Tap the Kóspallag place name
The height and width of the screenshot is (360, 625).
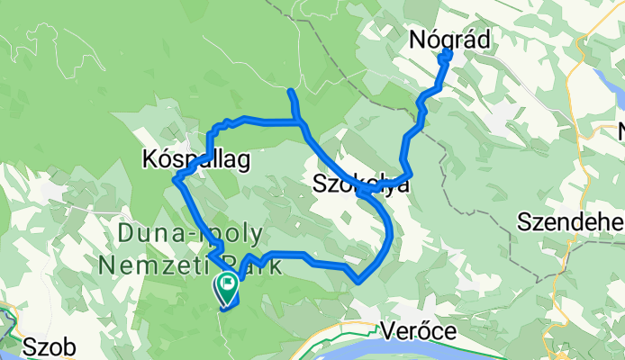click(x=195, y=159)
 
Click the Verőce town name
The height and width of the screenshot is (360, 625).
click(x=418, y=330)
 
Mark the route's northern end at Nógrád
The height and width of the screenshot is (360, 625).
click(x=448, y=54)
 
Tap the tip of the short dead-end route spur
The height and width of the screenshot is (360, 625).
click(x=289, y=92)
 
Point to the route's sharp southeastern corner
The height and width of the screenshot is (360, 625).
click(x=359, y=280)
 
